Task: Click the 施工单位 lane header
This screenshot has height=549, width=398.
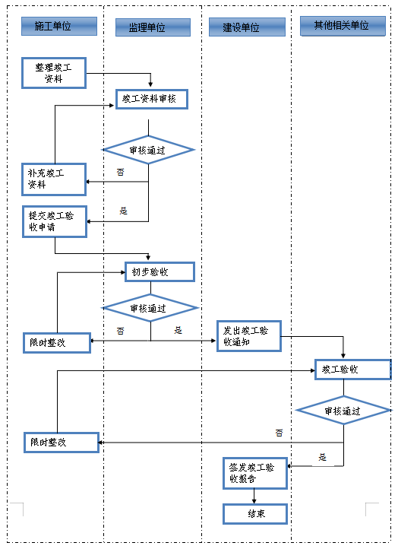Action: [x=59, y=27]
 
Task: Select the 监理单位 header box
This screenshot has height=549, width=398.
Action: [x=153, y=27]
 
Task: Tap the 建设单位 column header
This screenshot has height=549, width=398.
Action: [x=247, y=27]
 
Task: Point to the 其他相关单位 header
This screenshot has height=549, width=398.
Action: [x=343, y=26]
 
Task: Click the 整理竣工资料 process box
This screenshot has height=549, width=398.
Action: [x=54, y=73]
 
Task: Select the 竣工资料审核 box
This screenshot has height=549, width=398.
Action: [x=152, y=99]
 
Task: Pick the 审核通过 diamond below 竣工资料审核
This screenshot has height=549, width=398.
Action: [x=149, y=150]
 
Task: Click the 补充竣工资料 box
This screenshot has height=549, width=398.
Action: [x=54, y=179]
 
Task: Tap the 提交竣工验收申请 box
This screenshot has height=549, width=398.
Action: [x=55, y=221]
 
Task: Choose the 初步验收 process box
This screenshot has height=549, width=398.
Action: [x=160, y=271]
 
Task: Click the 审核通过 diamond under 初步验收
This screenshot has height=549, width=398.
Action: [x=150, y=308]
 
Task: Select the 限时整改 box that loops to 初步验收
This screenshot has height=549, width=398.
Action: [x=57, y=343]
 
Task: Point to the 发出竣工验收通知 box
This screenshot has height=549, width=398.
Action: [x=249, y=336]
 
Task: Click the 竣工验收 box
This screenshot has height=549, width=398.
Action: [x=353, y=370]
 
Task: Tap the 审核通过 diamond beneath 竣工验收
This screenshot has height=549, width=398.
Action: [x=343, y=411]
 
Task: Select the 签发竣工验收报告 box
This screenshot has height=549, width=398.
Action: [x=255, y=474]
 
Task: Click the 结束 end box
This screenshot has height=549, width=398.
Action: [x=255, y=514]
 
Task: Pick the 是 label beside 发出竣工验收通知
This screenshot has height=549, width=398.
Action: [x=178, y=330]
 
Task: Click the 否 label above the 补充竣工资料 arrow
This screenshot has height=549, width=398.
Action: [x=120, y=172]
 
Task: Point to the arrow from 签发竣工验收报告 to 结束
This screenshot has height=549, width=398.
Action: [x=254, y=496]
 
